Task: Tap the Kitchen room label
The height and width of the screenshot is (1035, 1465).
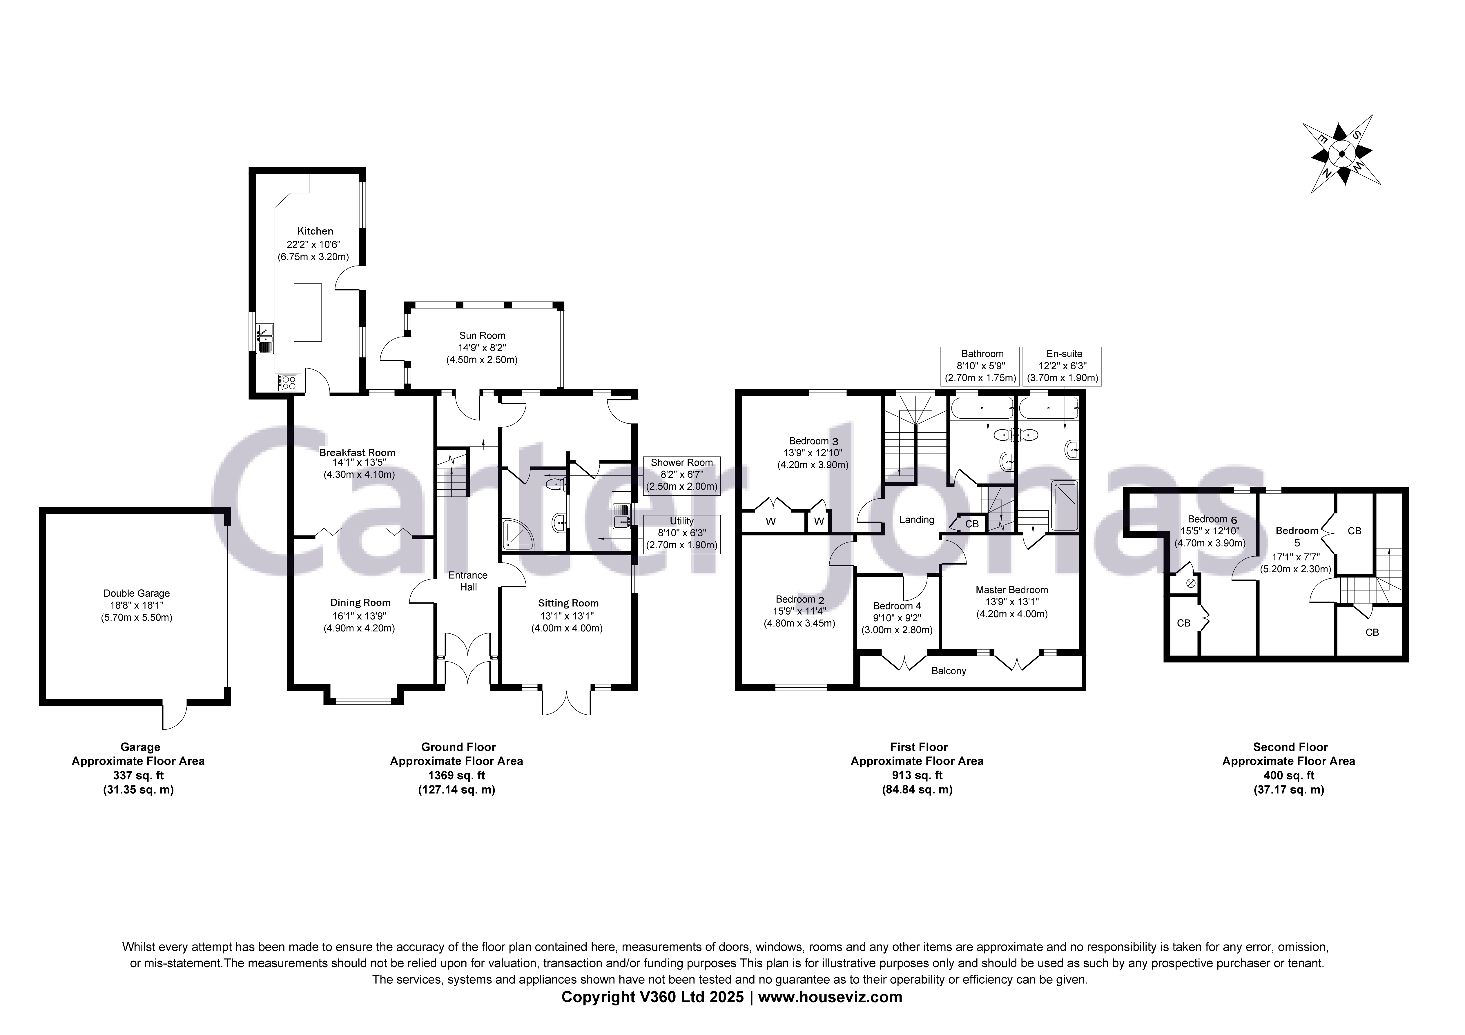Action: (315, 231)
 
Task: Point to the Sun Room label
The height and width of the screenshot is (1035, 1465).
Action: (482, 336)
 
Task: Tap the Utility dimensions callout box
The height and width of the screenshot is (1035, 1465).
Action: (681, 533)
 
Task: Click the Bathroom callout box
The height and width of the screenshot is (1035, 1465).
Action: (982, 366)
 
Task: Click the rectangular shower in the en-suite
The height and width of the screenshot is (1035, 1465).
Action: (1064, 505)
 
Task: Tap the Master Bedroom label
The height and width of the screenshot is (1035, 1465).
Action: (1011, 590)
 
